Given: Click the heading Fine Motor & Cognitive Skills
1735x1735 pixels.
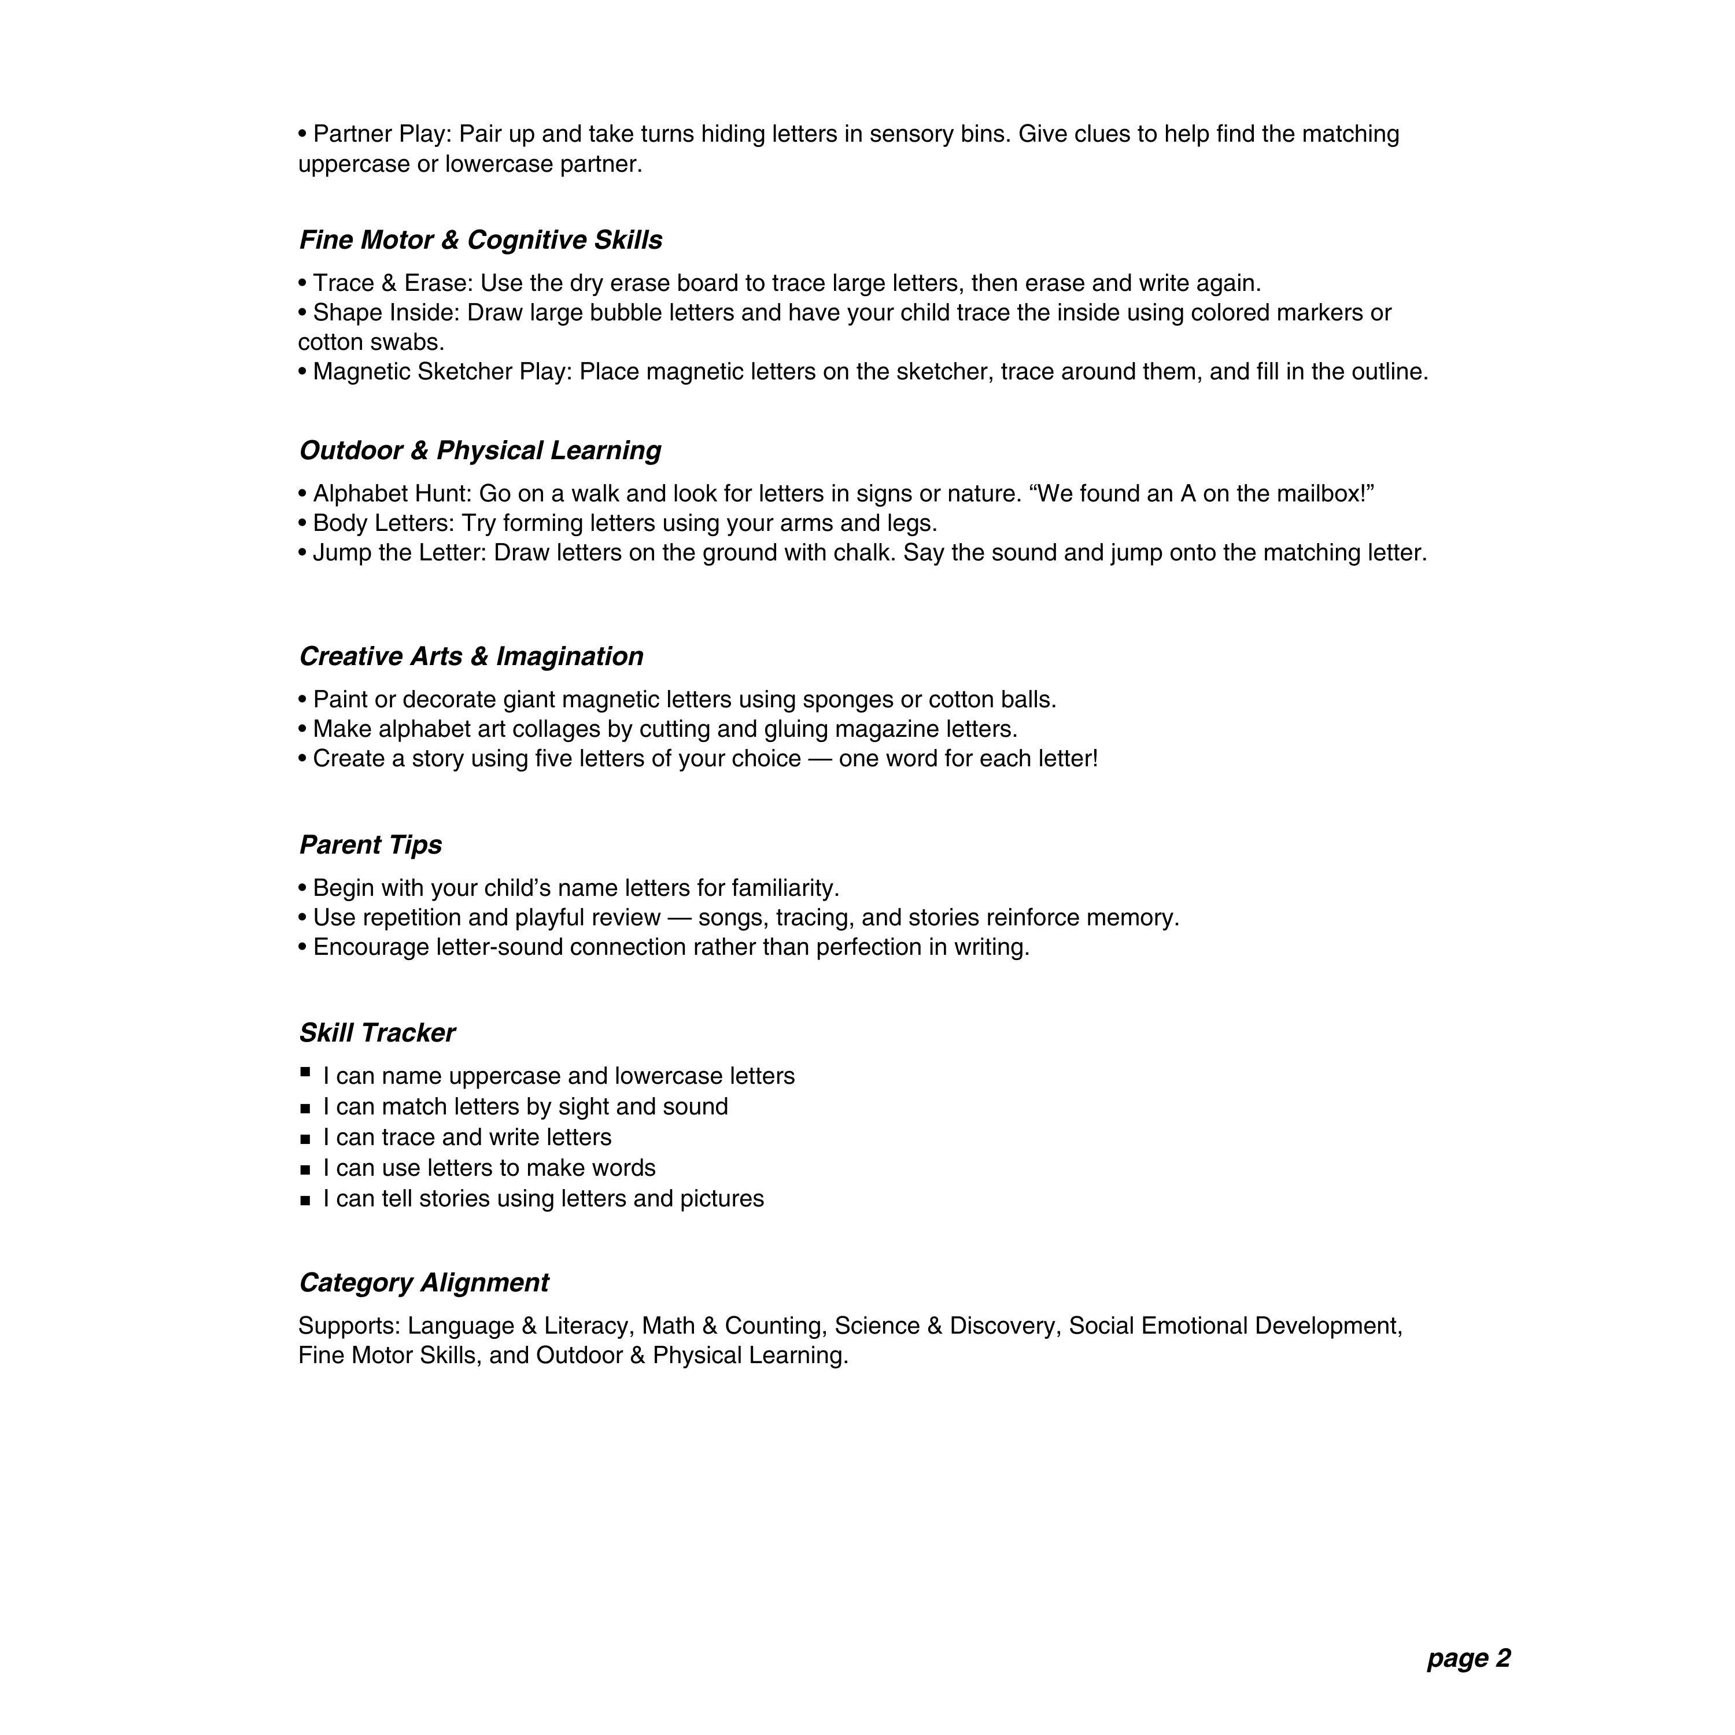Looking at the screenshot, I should pos(481,241).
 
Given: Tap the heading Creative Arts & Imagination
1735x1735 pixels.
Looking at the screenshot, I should pos(471,656).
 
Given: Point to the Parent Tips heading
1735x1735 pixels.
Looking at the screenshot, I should pos(370,845).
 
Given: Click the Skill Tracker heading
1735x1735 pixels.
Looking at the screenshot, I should pos(376,1033).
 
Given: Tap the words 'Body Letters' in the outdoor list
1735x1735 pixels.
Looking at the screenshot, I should pos(382,523).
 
